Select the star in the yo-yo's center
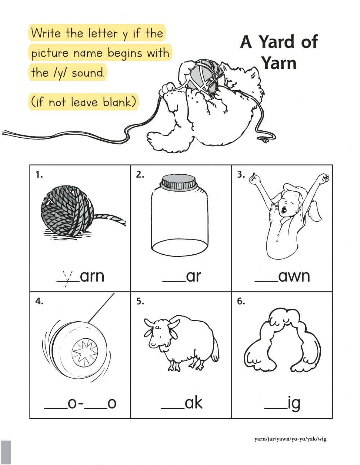click(x=85, y=351)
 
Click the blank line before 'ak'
click(x=173, y=408)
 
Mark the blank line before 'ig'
click(x=276, y=408)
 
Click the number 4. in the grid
click(x=39, y=302)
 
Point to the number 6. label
click(x=241, y=302)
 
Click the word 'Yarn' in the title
click(x=279, y=63)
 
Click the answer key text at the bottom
click(x=290, y=439)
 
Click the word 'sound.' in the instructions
click(x=88, y=73)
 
